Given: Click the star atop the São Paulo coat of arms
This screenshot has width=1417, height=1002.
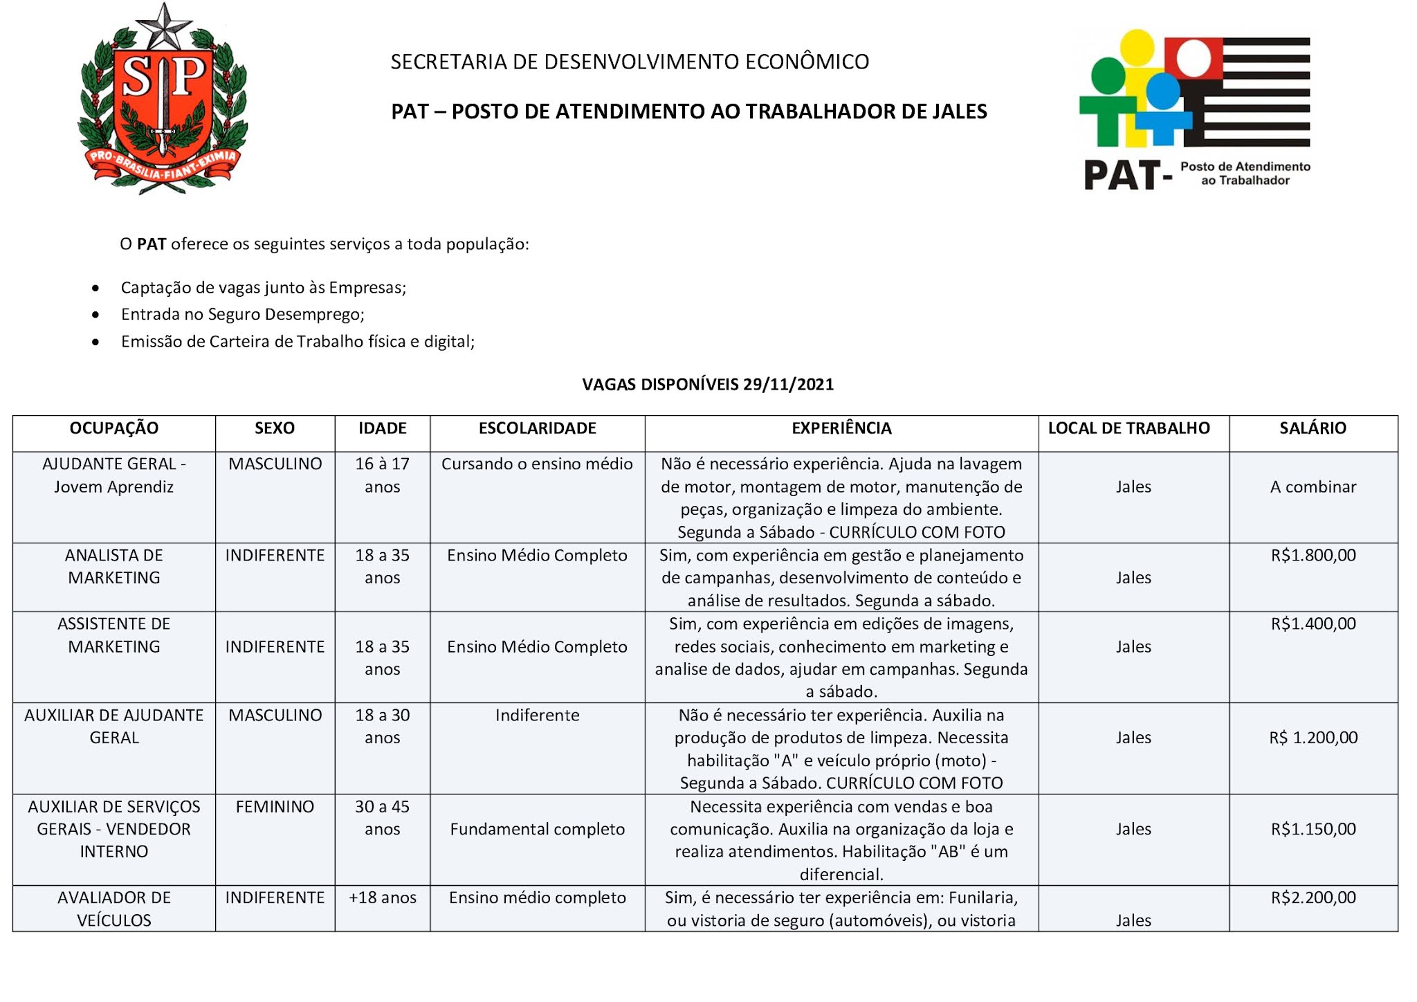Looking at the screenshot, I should point(164,26).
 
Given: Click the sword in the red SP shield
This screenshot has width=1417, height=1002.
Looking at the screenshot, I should point(163,104).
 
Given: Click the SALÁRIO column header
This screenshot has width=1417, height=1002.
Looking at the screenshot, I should point(1313,428).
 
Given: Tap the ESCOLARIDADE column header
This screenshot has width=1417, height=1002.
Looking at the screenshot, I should point(537,428).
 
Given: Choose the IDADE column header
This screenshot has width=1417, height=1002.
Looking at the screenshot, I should point(382,428).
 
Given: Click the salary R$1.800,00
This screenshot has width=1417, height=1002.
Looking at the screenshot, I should point(1313,556).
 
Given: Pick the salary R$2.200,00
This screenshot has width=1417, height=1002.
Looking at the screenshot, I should point(1313,898).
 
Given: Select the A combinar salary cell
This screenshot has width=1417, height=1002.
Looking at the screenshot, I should point(1313,487).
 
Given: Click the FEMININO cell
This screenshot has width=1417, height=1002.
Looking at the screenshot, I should point(275,807).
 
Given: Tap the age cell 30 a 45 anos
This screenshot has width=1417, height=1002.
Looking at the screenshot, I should point(382,818).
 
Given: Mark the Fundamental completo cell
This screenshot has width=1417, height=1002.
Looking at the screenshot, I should point(537,830).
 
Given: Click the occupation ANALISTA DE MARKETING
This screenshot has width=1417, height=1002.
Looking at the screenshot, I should point(114,567).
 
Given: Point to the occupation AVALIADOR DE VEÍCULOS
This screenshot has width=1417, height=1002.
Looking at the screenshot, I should point(114,909).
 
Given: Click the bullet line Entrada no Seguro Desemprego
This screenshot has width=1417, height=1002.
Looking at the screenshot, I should point(242,315).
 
